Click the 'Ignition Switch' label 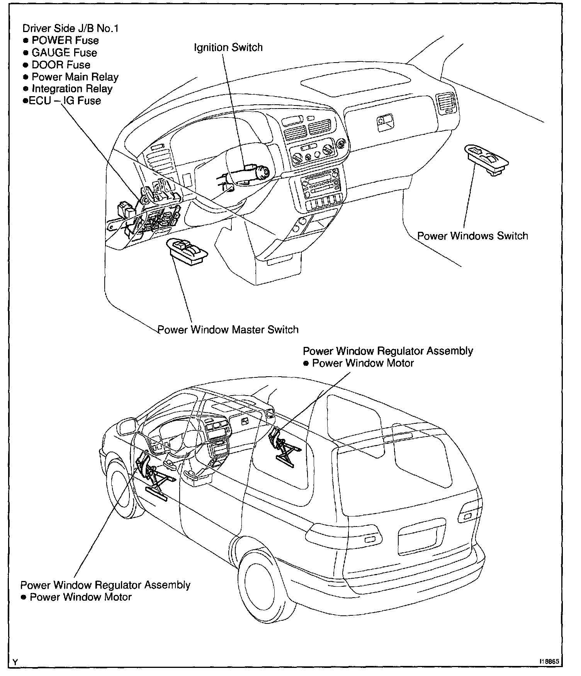coord(228,48)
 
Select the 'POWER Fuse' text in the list coord(65,41)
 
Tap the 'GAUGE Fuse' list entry coord(64,53)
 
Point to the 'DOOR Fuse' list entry coord(61,65)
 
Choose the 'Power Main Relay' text coord(75,77)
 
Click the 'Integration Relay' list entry coord(72,89)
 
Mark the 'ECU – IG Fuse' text coord(63,101)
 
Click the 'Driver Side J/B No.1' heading coord(71,28)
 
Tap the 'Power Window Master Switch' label coord(228,330)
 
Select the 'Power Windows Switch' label coord(472,236)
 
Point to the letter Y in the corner coord(15,662)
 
